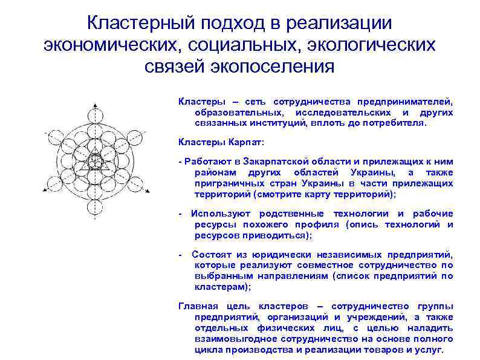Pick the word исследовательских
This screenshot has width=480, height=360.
click(340, 113)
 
